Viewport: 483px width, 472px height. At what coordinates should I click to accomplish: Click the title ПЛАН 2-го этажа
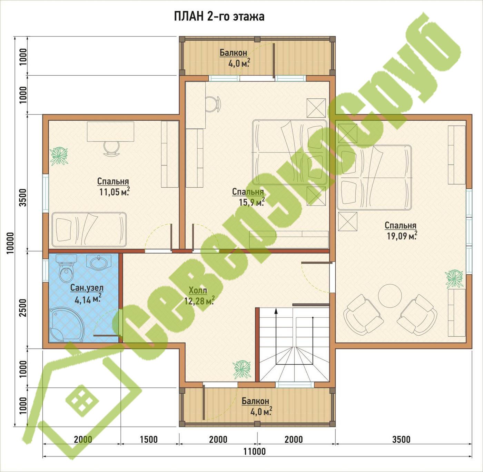(x=219, y=17)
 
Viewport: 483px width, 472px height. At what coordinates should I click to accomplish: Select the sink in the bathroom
(x=99, y=262)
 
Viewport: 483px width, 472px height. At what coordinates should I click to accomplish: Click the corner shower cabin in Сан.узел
(x=67, y=325)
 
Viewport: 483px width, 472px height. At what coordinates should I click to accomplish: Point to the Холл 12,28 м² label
(x=199, y=296)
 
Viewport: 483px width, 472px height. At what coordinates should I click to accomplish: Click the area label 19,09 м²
(x=402, y=236)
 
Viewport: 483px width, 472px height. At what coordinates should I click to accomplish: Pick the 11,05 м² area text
(x=115, y=192)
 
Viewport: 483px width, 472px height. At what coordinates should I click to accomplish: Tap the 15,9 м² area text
(x=252, y=202)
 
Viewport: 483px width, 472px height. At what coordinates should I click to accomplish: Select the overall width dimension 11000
(x=254, y=451)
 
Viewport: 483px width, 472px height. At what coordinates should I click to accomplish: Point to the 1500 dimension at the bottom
(x=149, y=440)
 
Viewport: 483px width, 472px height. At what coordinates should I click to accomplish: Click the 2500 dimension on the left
(x=23, y=308)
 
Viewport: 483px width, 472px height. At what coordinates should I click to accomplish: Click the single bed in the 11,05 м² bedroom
(x=89, y=229)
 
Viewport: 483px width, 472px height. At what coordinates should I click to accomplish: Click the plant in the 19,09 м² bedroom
(x=454, y=279)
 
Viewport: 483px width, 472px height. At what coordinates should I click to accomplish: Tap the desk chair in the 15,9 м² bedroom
(x=214, y=104)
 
